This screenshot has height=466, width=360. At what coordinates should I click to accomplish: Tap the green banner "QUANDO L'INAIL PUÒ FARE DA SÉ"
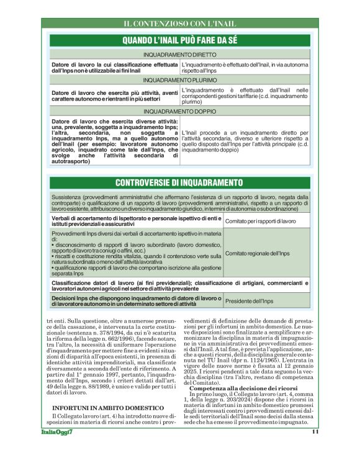(x=180, y=40)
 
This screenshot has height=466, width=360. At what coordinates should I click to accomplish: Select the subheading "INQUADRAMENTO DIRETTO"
(x=180, y=55)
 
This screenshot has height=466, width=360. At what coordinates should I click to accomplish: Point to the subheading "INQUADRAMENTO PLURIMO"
(x=180, y=80)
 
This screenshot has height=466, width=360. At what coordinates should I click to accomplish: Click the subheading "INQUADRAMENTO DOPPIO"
(x=180, y=111)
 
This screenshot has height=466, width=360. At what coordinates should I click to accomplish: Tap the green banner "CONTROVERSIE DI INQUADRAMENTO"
(x=180, y=182)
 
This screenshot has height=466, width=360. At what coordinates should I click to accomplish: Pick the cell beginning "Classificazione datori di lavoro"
(x=179, y=285)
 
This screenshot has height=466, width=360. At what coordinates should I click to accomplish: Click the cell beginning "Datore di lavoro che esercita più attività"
(x=115, y=96)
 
